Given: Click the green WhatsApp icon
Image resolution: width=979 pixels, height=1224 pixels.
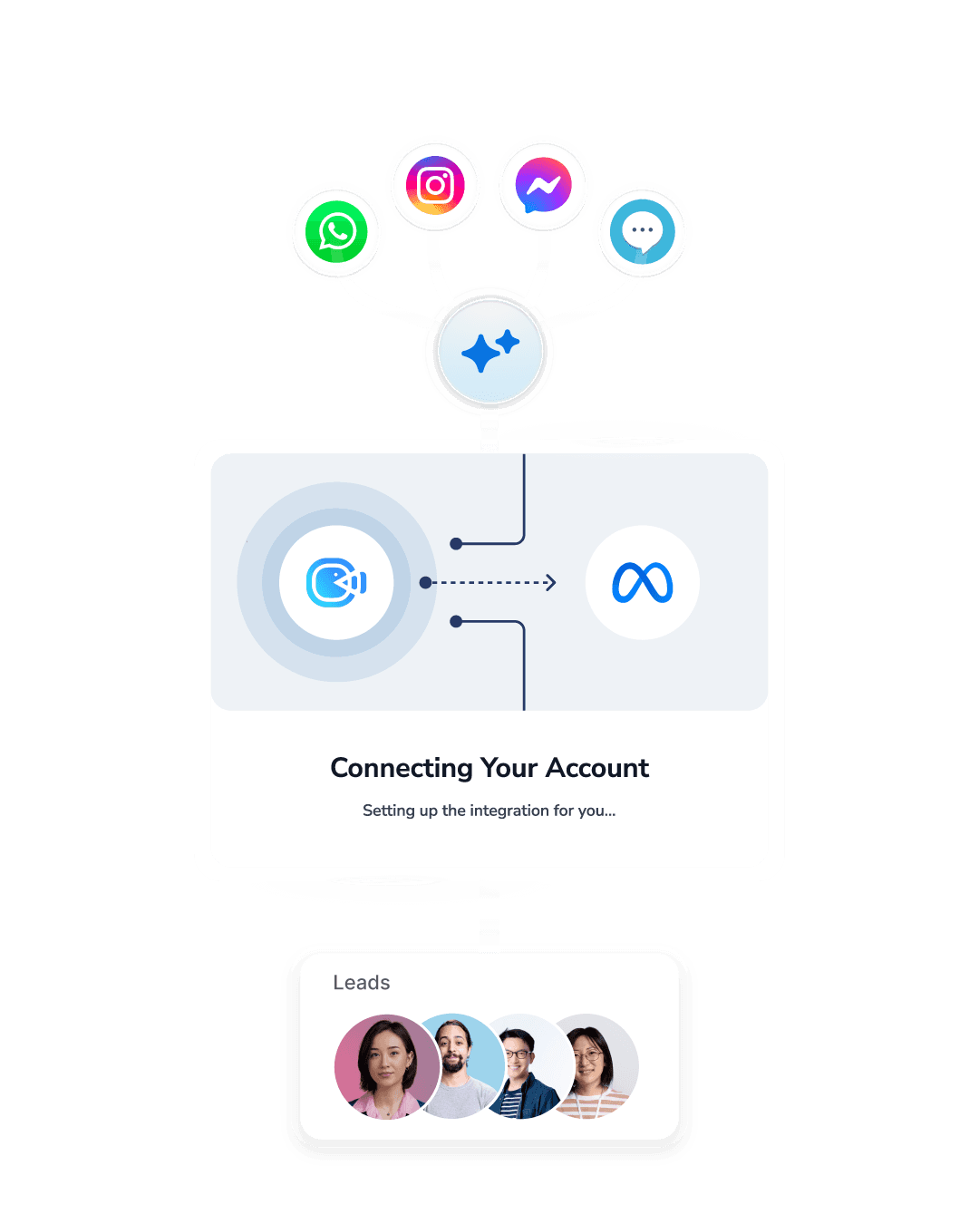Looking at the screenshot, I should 336,232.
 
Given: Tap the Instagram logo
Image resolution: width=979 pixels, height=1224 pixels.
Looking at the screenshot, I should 435,185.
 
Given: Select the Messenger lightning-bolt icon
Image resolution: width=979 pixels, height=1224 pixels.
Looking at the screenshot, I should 543,186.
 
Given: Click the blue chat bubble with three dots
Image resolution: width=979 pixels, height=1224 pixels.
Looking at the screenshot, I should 642,231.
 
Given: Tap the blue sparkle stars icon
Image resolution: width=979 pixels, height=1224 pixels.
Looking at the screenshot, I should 489,351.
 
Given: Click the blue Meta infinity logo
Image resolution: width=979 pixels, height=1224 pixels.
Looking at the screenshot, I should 642,583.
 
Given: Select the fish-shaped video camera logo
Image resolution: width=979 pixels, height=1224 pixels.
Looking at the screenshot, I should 336,583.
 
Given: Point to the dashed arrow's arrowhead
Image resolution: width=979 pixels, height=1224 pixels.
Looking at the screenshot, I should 550,582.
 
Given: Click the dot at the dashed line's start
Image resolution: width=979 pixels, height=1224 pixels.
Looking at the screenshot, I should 425,582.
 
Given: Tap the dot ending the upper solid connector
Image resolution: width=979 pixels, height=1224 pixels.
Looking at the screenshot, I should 456,544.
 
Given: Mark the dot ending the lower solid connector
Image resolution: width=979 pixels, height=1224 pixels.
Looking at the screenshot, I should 456,621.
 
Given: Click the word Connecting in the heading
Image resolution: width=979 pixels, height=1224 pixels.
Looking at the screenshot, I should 401,769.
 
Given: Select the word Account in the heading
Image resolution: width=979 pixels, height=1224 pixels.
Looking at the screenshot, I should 597,769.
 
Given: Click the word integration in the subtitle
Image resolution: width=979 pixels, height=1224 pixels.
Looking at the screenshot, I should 509,811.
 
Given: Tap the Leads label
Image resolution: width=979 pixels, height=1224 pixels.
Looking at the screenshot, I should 361,983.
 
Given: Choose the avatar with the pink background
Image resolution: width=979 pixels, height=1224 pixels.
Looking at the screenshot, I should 386,1066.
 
